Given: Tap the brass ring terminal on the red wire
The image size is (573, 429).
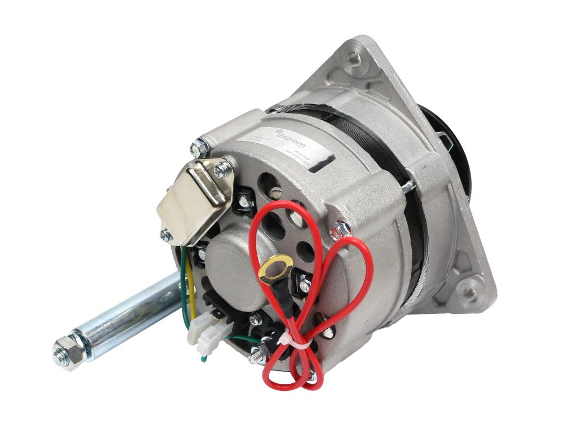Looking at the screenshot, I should pyautogui.click(x=276, y=267).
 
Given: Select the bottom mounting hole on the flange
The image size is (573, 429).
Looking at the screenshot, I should pyautogui.click(x=469, y=293).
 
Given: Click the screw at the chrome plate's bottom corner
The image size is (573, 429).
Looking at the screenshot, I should pyautogui.click(x=166, y=235).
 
